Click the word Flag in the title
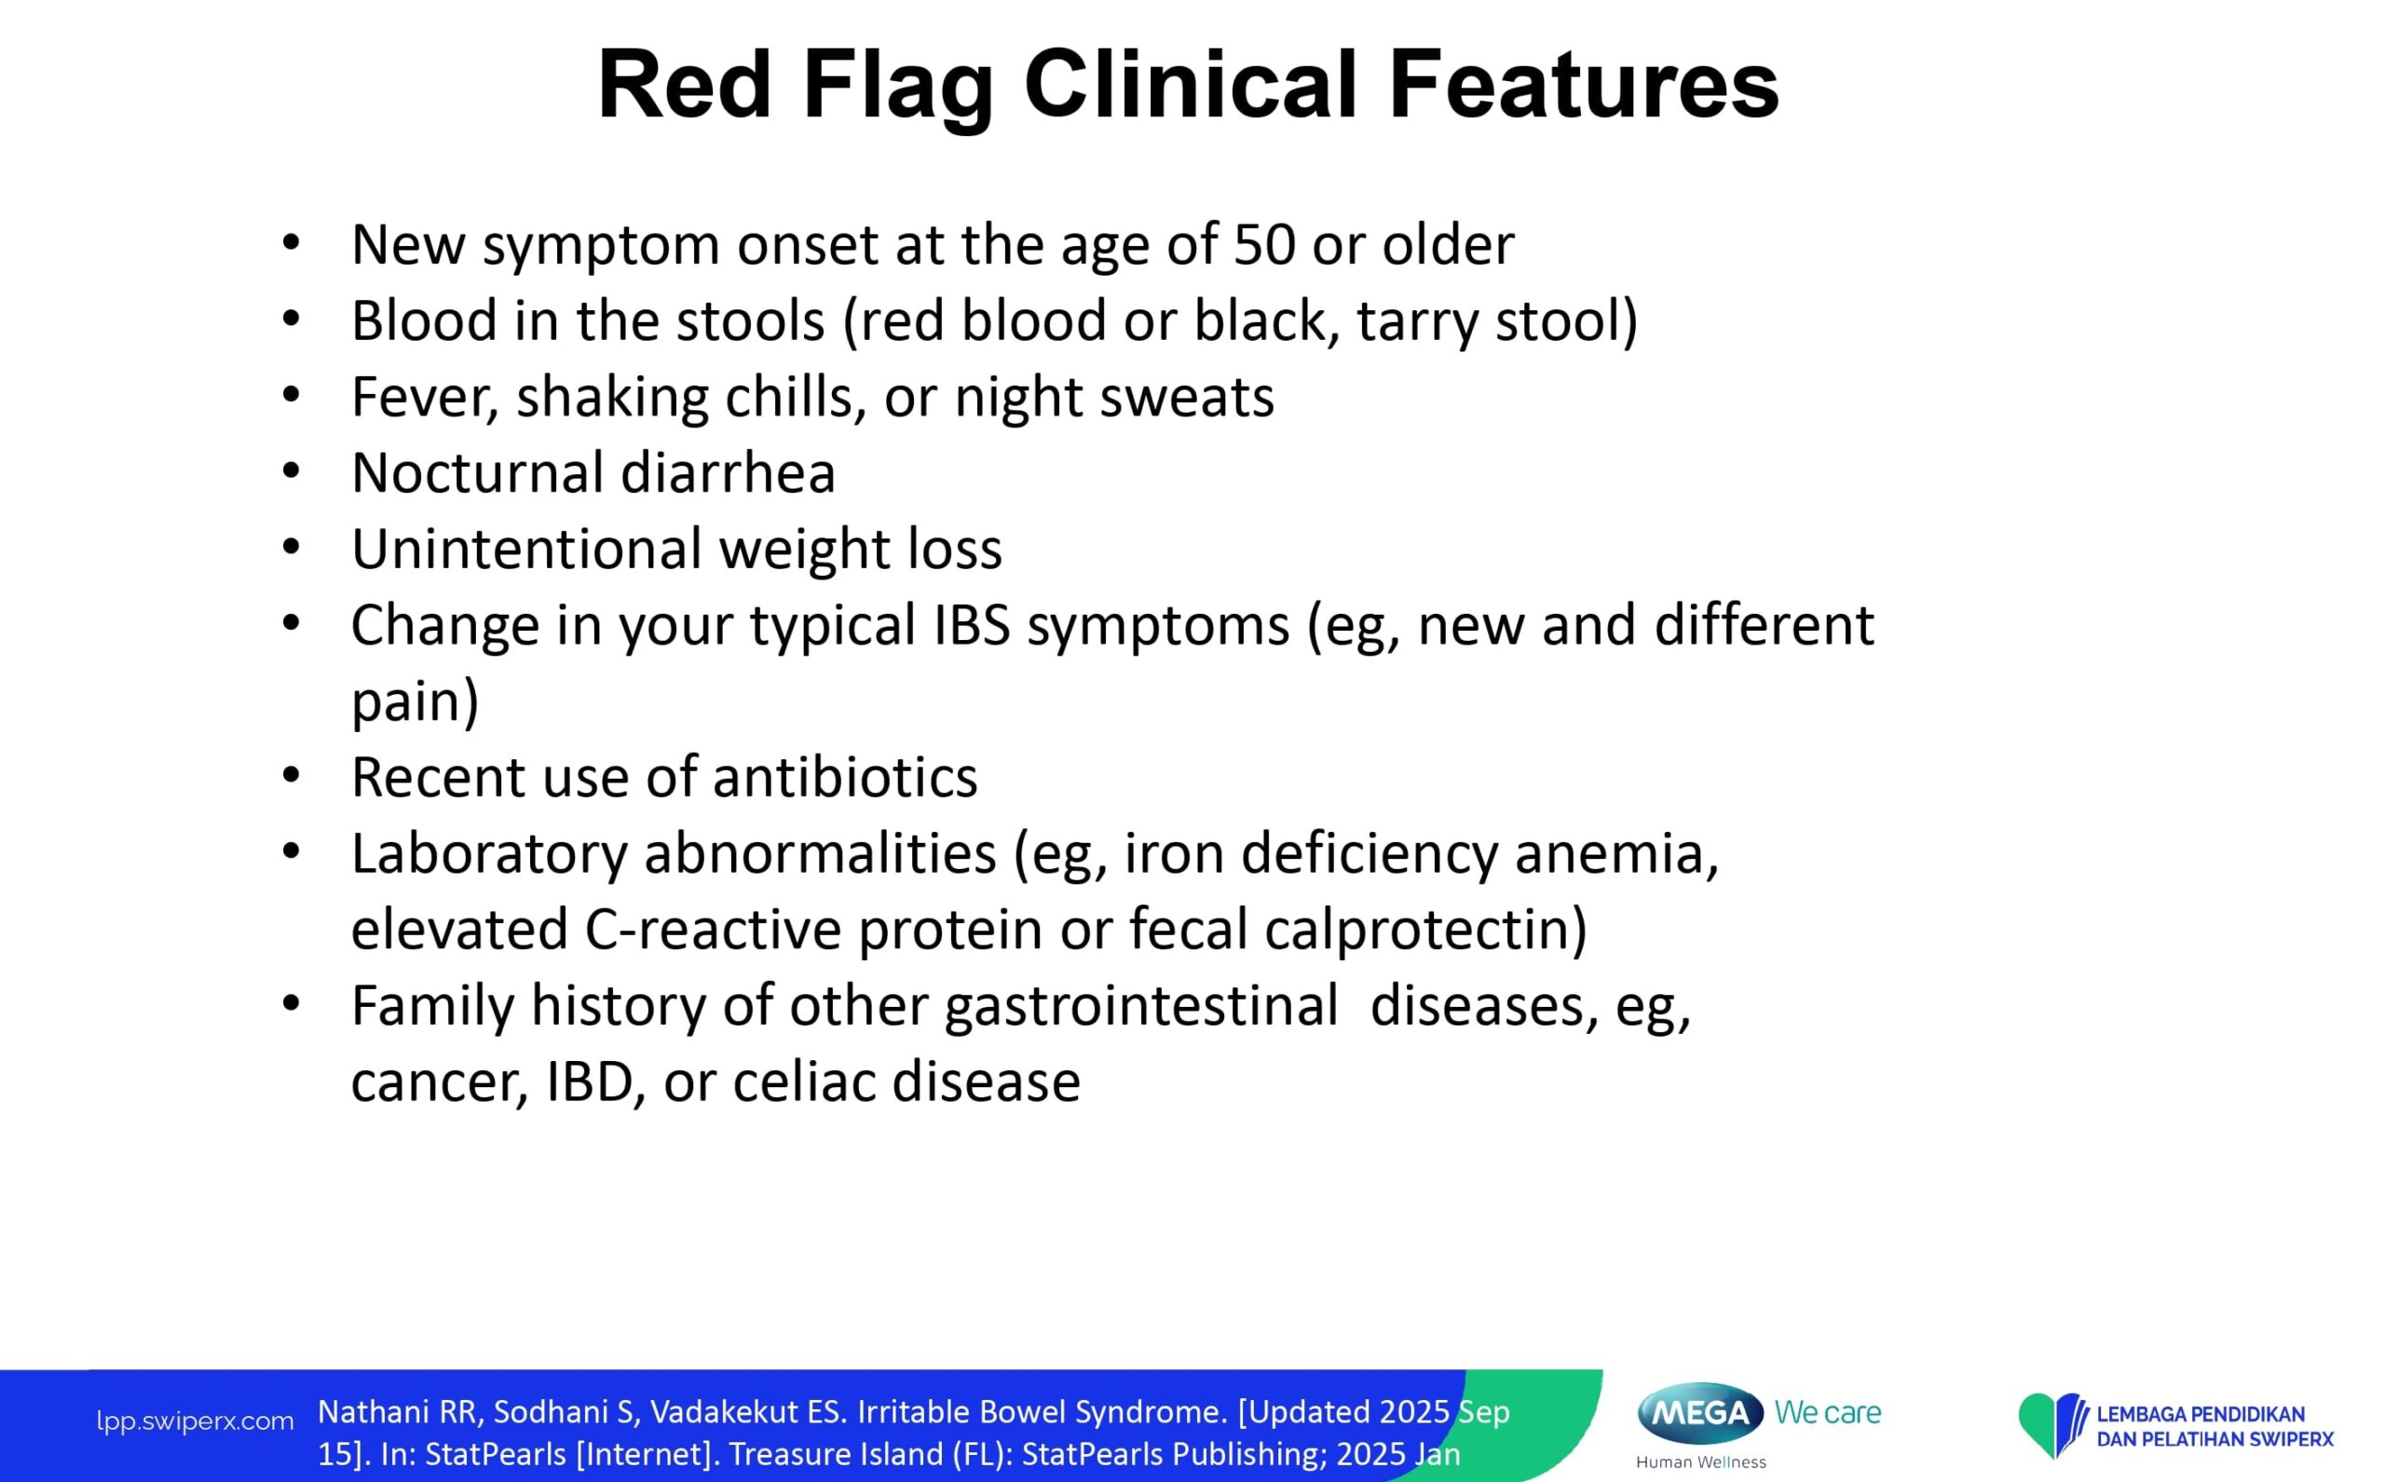tap(898, 88)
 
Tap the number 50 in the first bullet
tap(1264, 244)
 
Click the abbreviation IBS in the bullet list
tap(972, 625)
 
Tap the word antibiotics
tap(845, 777)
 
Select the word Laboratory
tap(489, 855)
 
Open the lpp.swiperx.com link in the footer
tap(195, 1421)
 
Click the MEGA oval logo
tap(1700, 1412)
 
